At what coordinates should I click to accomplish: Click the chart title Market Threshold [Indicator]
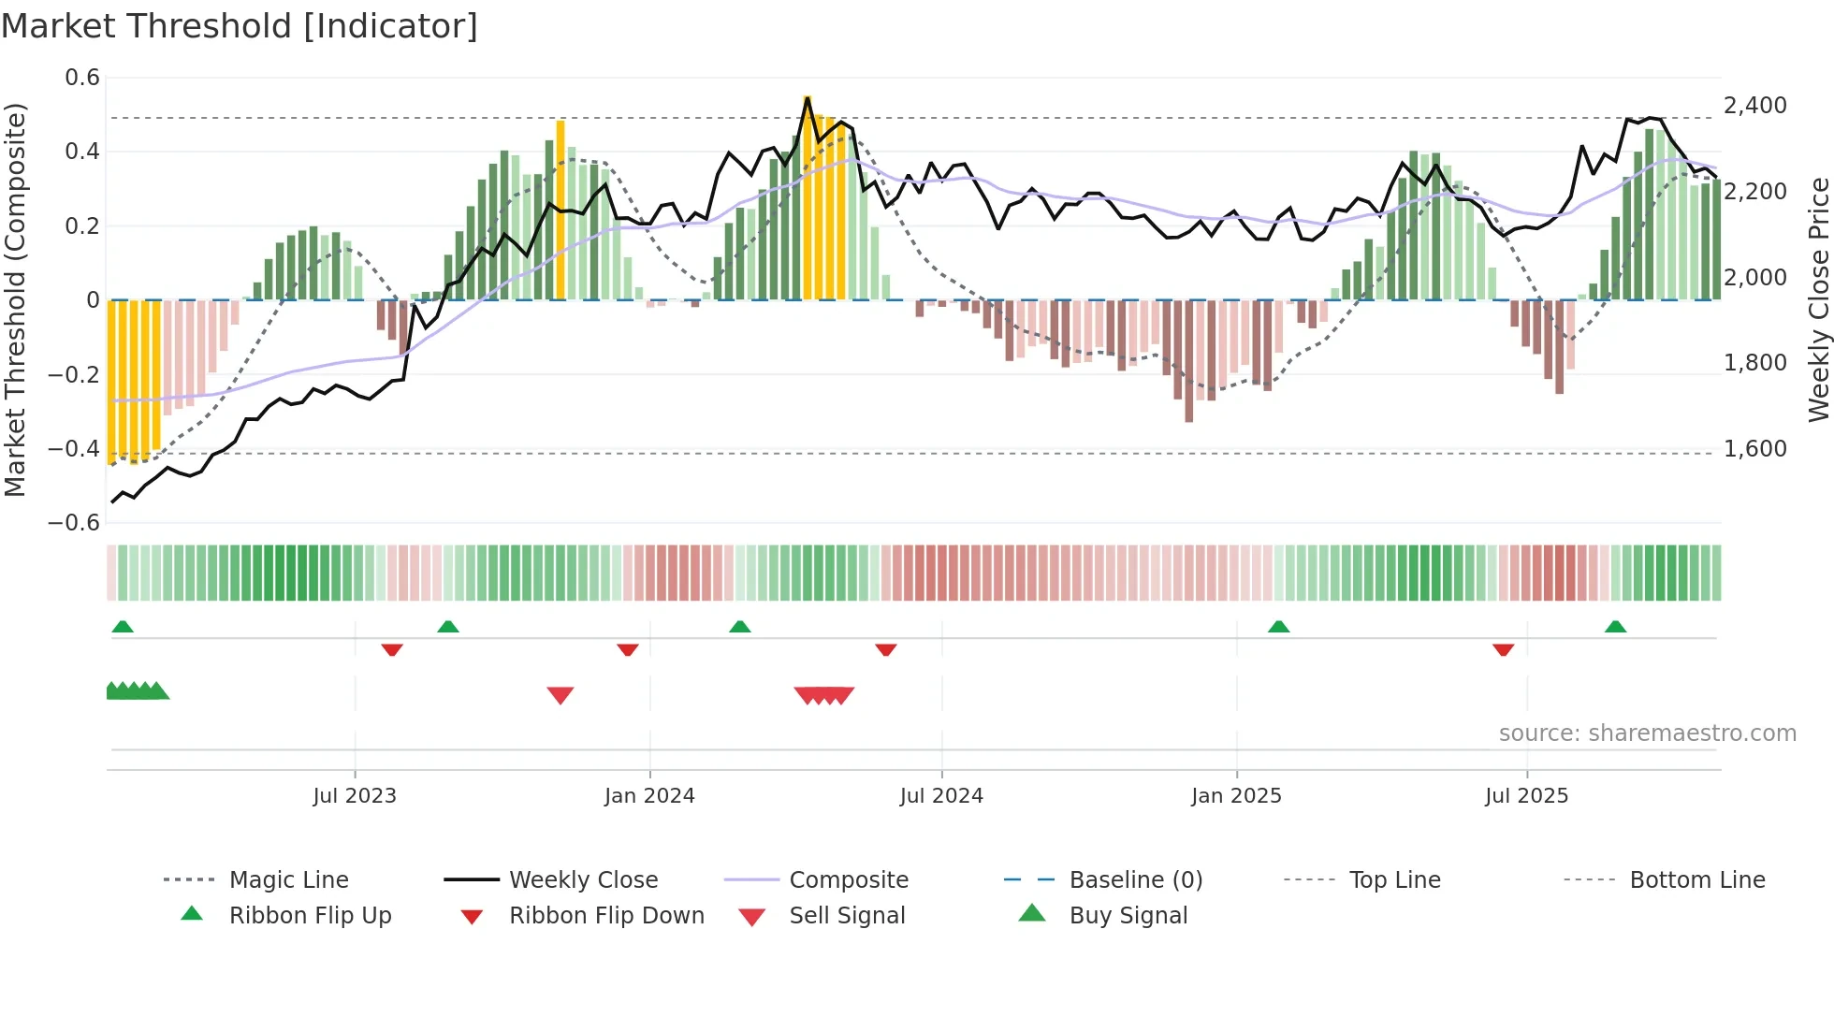tap(240, 26)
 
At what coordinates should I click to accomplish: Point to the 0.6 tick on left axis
tap(82, 78)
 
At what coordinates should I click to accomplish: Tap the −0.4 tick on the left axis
tap(74, 448)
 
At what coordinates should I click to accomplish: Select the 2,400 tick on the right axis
tap(1755, 106)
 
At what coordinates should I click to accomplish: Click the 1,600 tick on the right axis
tap(1755, 449)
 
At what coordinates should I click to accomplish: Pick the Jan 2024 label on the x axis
tap(649, 796)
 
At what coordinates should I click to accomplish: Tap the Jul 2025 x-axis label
tap(1526, 796)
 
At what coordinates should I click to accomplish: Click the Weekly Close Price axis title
tap(1818, 299)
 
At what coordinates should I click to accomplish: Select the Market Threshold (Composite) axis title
tap(15, 299)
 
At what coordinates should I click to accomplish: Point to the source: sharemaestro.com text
tap(1647, 733)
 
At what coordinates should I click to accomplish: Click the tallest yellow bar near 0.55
tap(808, 196)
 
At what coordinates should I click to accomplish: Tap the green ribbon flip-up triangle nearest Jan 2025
tap(1278, 627)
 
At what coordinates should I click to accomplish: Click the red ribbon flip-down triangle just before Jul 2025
tap(1503, 649)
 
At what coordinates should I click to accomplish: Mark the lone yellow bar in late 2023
tap(560, 211)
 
